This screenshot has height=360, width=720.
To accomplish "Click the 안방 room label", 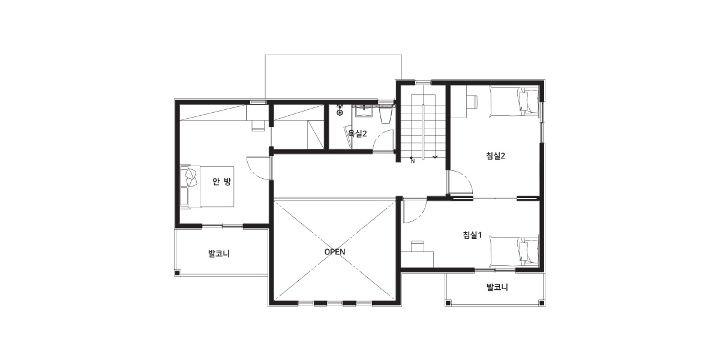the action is (x=221, y=182).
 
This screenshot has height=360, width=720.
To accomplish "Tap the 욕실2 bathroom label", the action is (x=358, y=134).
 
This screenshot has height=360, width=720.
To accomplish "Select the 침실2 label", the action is (x=496, y=156).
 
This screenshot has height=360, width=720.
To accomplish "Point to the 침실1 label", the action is (x=472, y=235).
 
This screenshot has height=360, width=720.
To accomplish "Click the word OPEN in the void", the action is (x=335, y=251).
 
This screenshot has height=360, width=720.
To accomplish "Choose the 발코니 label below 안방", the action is (x=219, y=254).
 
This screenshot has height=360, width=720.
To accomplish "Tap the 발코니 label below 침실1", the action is (x=497, y=287).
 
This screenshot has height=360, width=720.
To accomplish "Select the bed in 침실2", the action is (x=514, y=101).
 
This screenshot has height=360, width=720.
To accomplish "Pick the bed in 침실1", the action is (x=514, y=251).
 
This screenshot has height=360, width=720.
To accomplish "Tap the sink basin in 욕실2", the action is (x=364, y=111).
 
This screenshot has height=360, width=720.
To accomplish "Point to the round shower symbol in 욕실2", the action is (x=340, y=113).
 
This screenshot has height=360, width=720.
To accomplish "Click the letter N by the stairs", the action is (x=413, y=161).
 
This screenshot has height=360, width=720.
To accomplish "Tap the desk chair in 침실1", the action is (x=417, y=245).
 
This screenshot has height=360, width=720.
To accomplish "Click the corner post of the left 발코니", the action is (x=177, y=273).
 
